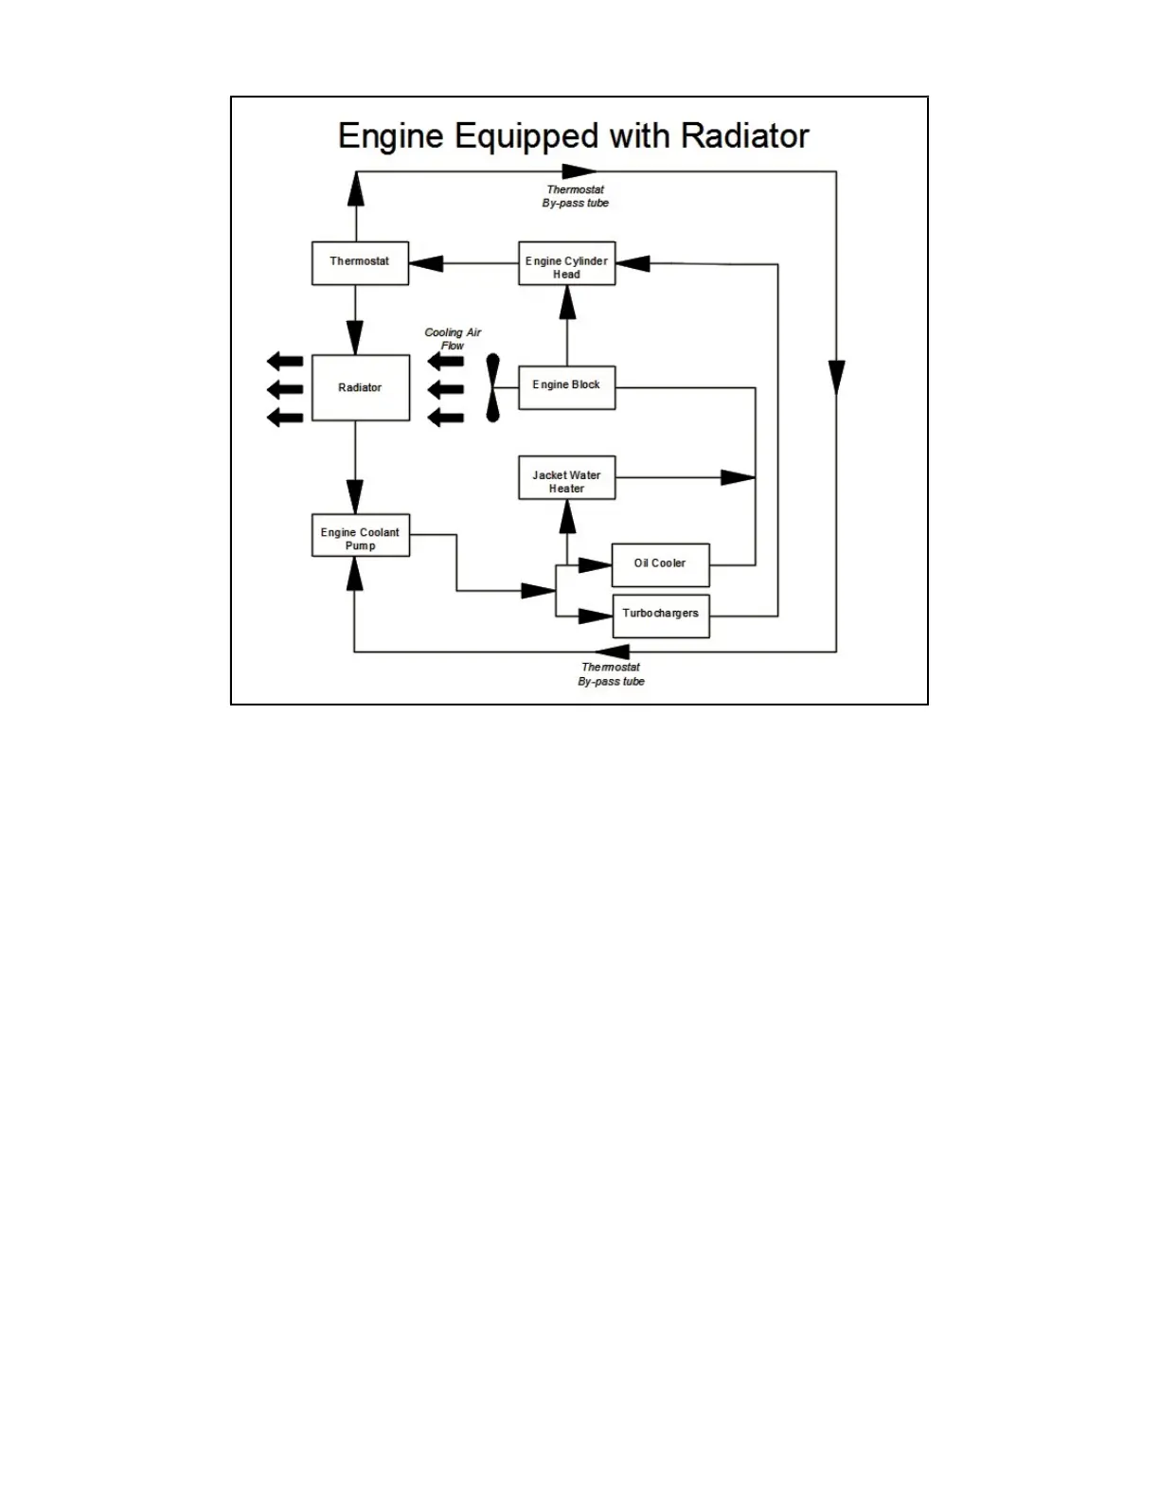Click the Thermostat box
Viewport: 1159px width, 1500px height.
(x=360, y=262)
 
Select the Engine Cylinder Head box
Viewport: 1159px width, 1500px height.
(x=566, y=263)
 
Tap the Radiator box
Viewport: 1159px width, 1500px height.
(x=360, y=387)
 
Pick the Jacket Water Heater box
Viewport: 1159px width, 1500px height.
(x=566, y=478)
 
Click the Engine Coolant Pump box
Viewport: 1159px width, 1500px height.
(x=360, y=535)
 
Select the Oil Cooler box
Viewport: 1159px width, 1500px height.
(x=660, y=564)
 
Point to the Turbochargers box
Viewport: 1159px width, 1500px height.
(x=661, y=616)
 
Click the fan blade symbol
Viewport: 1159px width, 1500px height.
(x=492, y=387)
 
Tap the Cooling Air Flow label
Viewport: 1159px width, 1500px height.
(x=453, y=339)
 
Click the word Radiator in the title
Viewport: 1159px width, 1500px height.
(x=744, y=135)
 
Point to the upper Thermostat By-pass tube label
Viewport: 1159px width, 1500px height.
(x=576, y=196)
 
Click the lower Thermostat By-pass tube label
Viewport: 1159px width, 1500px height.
(x=612, y=674)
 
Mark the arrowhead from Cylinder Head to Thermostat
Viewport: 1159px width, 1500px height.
(x=426, y=263)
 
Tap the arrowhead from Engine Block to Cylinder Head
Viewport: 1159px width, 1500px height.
(x=567, y=301)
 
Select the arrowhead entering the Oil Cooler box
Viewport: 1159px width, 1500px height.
(x=595, y=565)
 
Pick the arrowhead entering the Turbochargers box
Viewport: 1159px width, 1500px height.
(x=595, y=616)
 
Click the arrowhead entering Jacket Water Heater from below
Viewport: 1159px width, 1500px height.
(x=567, y=516)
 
